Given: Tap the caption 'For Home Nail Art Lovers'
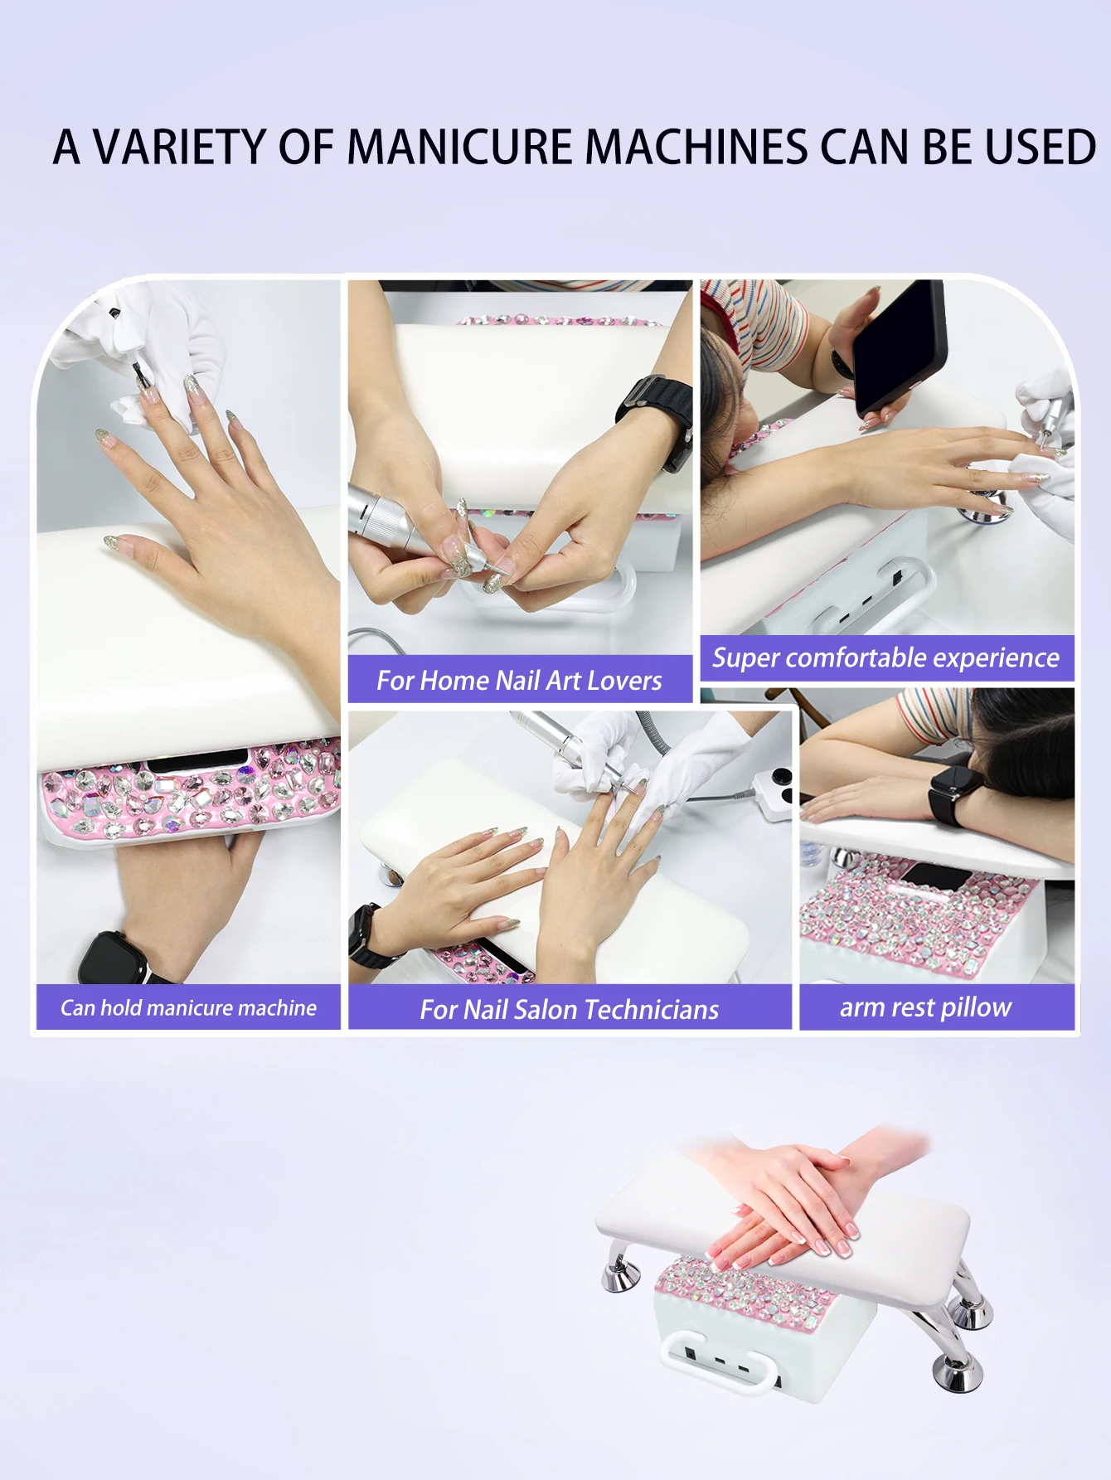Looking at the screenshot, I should tap(519, 681).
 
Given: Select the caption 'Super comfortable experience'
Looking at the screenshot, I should tap(885, 658).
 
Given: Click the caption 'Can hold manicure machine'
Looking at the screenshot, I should tap(188, 1008).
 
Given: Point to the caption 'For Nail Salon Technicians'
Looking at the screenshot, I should tap(569, 1010).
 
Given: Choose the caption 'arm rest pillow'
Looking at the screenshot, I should tap(925, 1007).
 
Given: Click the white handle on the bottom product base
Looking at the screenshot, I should tap(721, 1368).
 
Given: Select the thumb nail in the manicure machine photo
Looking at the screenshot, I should tap(109, 543).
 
